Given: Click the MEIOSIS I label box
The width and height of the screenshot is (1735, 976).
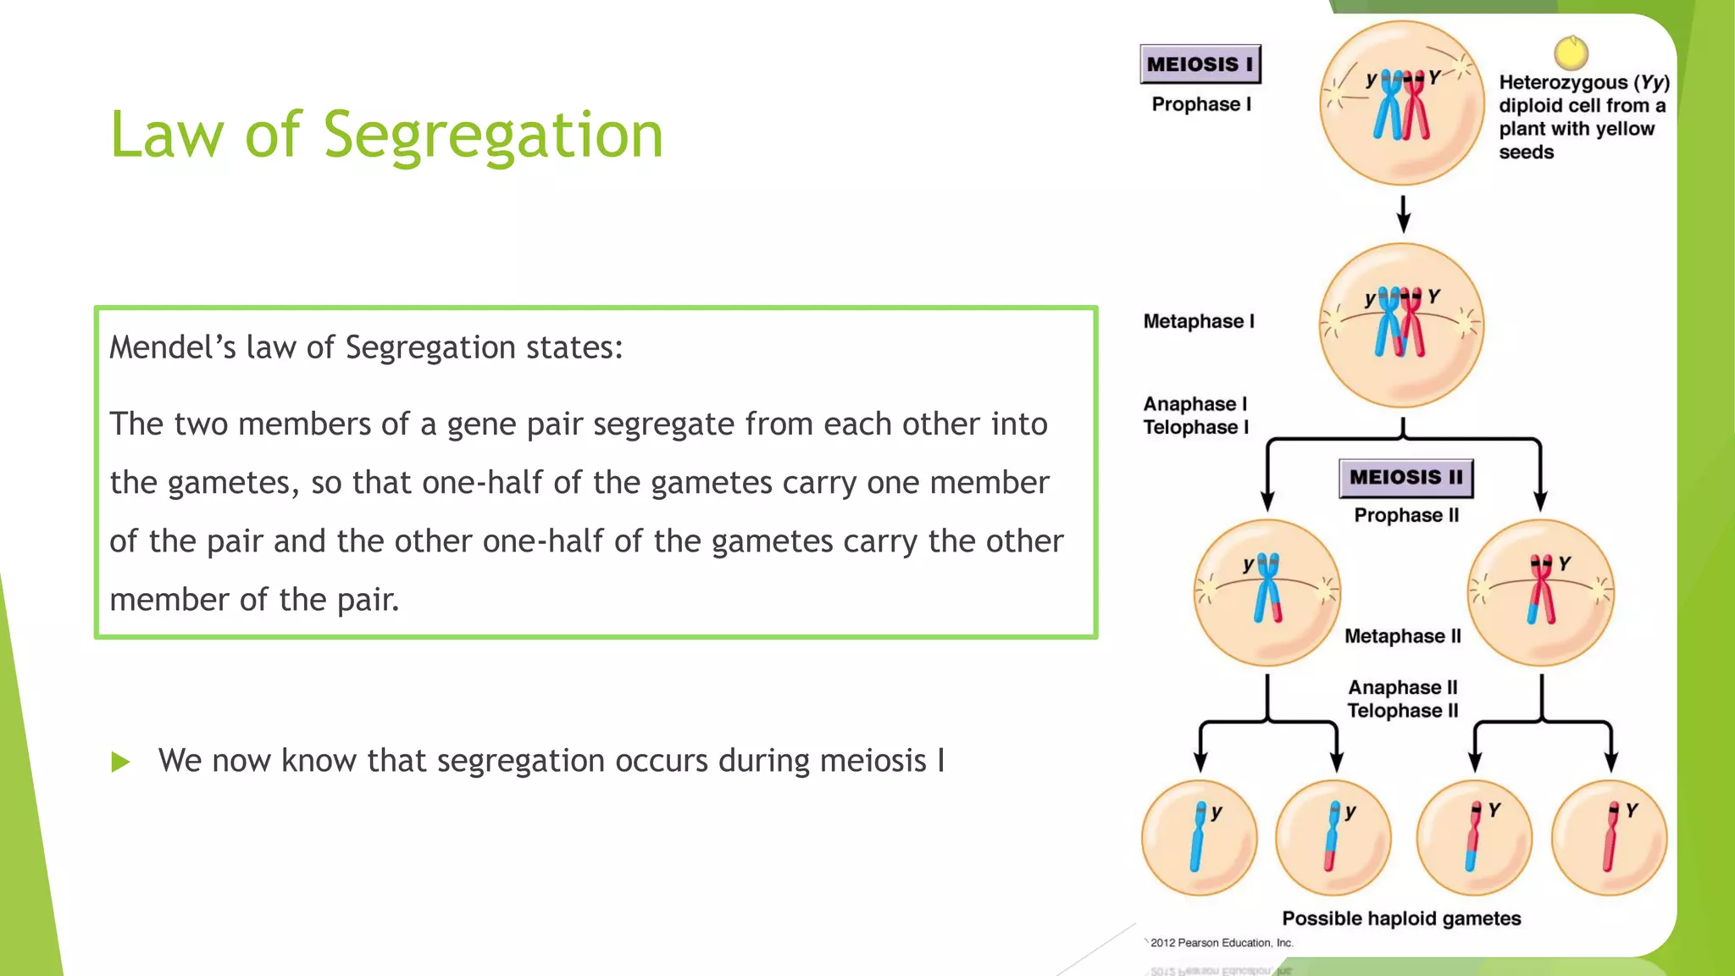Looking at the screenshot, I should pyautogui.click(x=1200, y=64).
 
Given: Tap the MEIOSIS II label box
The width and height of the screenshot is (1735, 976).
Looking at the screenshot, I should pyautogui.click(x=1405, y=478).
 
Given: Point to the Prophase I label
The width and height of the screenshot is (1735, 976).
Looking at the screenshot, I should pyautogui.click(x=1200, y=104).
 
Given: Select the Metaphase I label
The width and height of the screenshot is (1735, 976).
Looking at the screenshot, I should pyautogui.click(x=1198, y=321).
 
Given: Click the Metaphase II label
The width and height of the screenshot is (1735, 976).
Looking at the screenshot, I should pyautogui.click(x=1402, y=636).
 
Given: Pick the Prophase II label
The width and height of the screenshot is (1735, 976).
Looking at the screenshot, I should pyautogui.click(x=1405, y=515).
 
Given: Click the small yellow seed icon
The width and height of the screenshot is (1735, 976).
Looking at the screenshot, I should pyautogui.click(x=1571, y=53).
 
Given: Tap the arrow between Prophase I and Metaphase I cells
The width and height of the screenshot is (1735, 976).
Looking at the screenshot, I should pyautogui.click(x=1403, y=213).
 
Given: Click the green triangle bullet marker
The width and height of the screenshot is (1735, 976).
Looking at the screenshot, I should pyautogui.click(x=120, y=762).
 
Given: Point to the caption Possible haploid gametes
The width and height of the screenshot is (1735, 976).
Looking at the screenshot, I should pyautogui.click(x=1400, y=918).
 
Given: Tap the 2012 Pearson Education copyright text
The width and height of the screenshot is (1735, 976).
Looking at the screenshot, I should pyautogui.click(x=1221, y=943).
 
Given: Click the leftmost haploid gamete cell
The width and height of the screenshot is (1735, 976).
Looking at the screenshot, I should pyautogui.click(x=1199, y=838).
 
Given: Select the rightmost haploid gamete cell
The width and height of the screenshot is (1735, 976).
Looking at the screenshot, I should pyautogui.click(x=1608, y=838).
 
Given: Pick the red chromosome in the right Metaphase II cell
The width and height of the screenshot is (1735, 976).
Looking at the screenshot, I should pyautogui.click(x=1542, y=590).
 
